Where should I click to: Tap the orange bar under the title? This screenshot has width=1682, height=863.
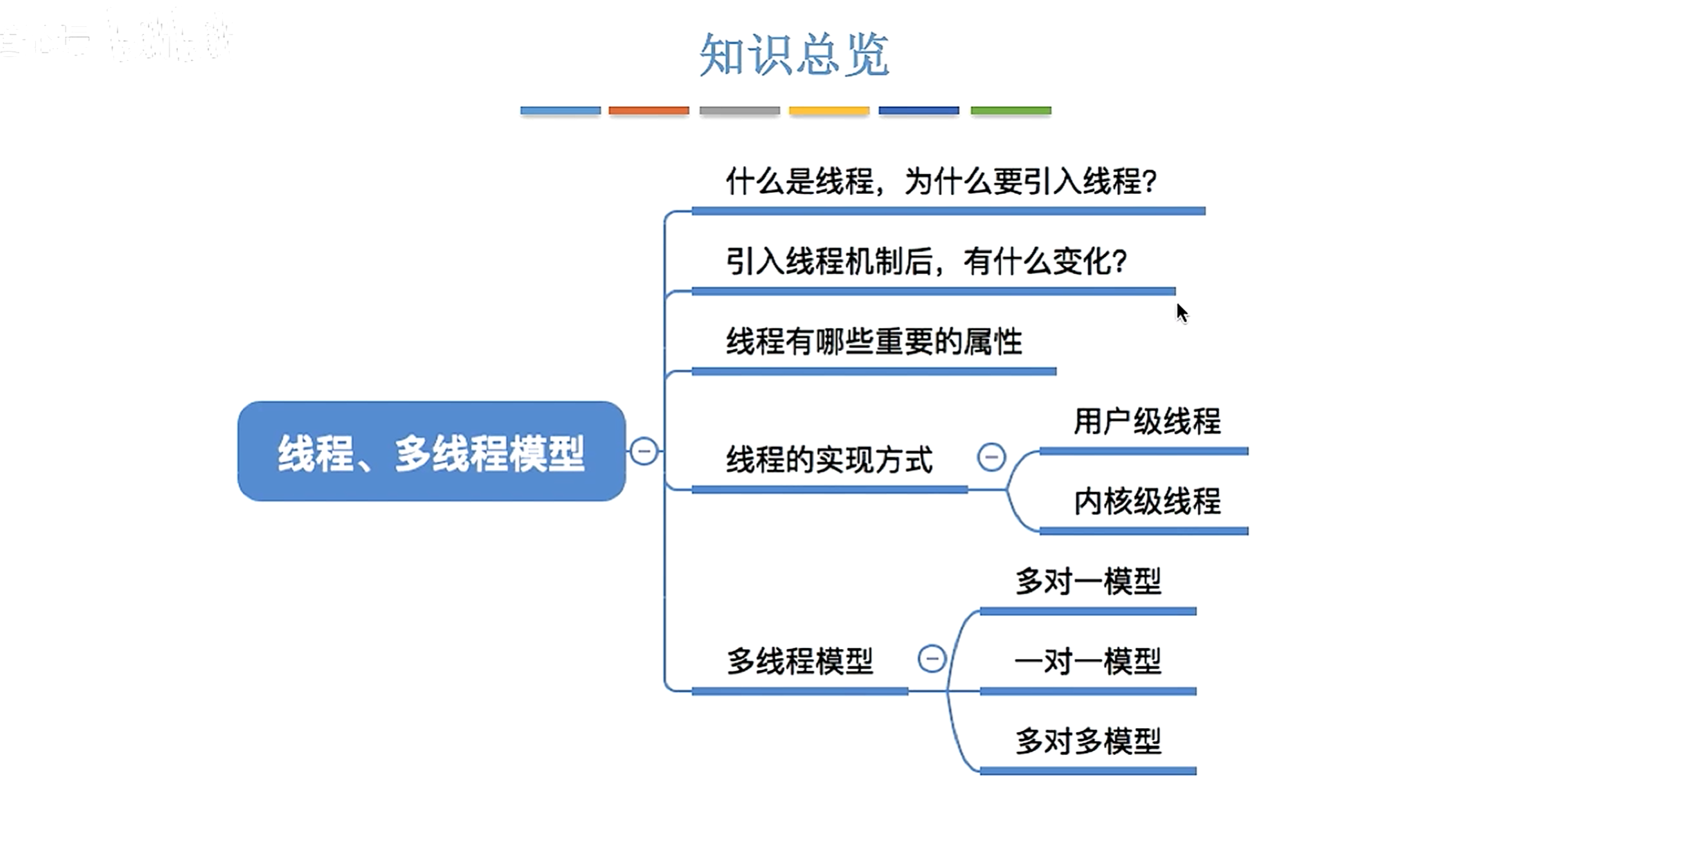649,111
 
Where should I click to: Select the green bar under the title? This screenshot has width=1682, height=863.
1011,111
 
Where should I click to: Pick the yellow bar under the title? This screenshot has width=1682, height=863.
829,111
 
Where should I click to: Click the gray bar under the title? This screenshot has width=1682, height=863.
739,111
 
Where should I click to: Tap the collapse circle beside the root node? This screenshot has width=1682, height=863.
644,452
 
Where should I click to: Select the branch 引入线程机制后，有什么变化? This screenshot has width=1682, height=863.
926,262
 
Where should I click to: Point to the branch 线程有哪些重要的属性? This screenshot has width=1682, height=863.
874,342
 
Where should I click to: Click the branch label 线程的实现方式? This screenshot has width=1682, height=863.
829,460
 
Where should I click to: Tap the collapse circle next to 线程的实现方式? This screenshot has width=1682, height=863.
991,457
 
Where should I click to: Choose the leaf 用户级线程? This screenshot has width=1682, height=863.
1147,421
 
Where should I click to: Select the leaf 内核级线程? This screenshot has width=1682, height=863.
1147,502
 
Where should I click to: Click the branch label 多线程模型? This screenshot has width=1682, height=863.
799,661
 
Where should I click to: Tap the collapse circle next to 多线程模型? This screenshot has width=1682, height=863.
932,658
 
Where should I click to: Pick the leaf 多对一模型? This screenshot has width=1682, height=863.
1088,581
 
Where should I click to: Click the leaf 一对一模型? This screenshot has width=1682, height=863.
1088,662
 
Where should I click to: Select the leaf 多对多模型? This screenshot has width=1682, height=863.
1088,741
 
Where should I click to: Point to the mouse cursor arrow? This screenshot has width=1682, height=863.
1182,313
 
